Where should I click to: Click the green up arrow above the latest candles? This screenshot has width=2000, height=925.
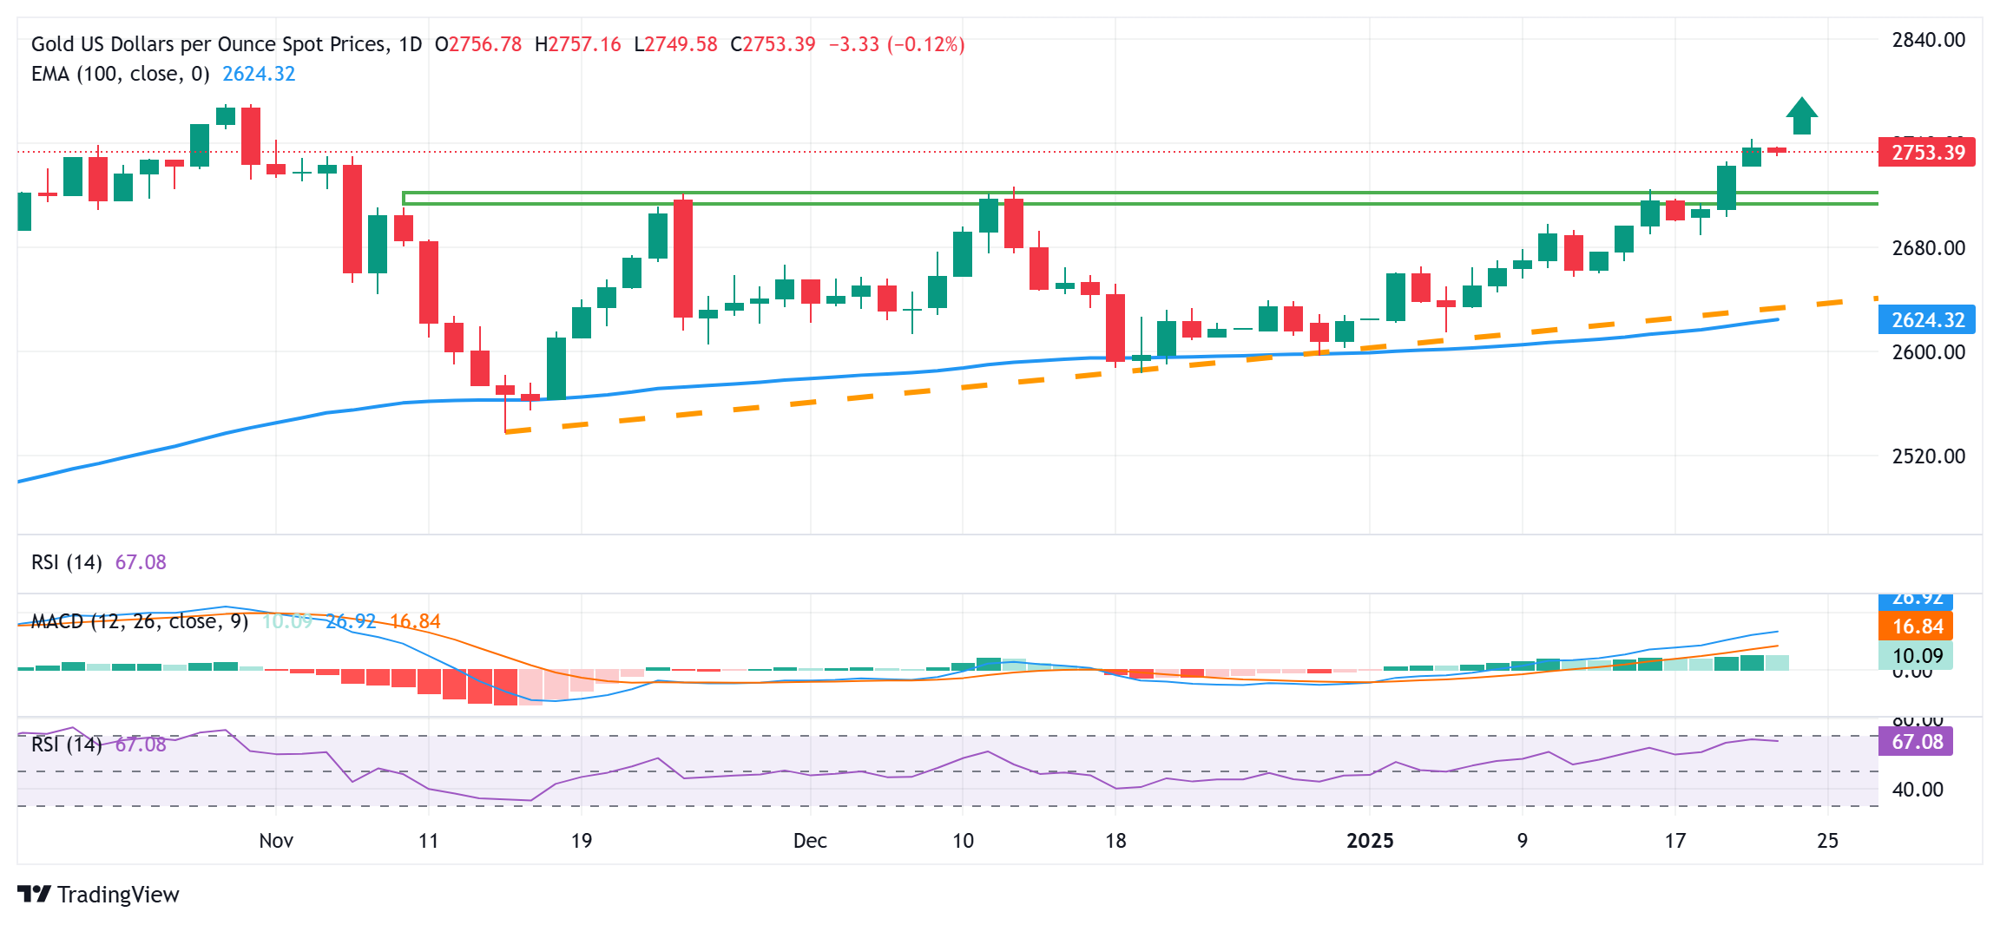coord(1802,116)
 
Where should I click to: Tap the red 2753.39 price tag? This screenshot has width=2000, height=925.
coord(1926,153)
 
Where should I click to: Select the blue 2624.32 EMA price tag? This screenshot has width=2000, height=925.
coord(1926,320)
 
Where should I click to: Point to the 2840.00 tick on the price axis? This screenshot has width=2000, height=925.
coord(1929,40)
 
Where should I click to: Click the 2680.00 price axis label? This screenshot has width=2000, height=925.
coord(1929,248)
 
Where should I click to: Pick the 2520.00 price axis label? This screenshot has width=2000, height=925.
coord(1929,456)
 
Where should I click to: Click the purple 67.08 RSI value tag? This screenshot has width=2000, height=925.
coord(1916,742)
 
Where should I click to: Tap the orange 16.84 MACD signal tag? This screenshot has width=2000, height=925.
coord(1916,627)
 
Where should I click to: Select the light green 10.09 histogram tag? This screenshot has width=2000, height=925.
coord(1916,656)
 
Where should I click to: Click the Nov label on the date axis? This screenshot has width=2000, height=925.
coord(276,841)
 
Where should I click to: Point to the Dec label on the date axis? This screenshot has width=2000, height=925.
coord(810,841)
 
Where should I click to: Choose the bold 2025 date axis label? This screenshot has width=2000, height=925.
coord(1370,841)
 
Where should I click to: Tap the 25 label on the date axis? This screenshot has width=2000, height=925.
coord(1828,841)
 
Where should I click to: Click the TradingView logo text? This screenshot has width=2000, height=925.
coord(118,895)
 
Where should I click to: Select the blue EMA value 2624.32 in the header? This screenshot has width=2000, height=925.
coord(259,74)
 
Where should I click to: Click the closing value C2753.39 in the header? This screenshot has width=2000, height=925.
coord(773,44)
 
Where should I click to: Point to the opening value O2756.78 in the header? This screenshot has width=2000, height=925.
coord(478,44)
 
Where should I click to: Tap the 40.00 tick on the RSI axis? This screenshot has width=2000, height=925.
coord(1918,790)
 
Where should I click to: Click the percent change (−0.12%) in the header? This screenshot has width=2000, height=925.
coord(926,44)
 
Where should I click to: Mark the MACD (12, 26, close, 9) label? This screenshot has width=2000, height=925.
coord(140,621)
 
